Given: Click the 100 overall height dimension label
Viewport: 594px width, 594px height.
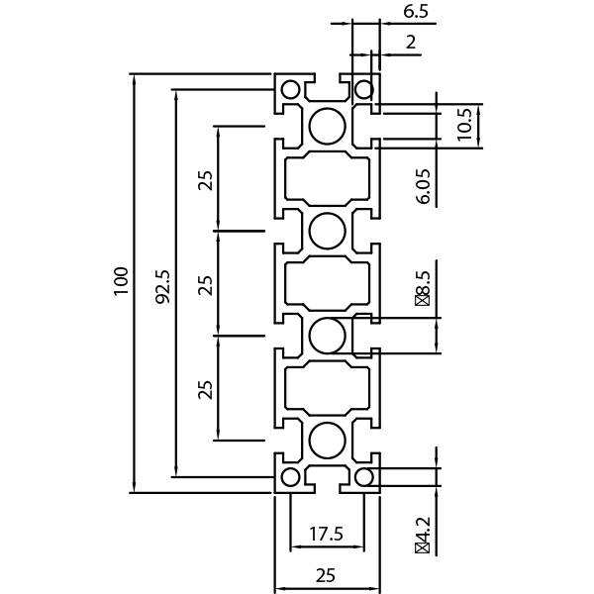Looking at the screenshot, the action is point(121,281).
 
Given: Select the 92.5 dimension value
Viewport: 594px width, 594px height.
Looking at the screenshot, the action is point(163,286).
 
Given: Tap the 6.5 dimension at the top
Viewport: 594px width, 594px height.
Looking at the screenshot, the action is point(416,11).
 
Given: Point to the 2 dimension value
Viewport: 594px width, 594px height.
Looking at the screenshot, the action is point(411,42).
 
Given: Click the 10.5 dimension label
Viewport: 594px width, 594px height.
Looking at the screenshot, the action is point(464,125).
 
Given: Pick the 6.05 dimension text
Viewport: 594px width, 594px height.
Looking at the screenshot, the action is point(423,186).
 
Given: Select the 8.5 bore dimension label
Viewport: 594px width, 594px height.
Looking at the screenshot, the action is point(423,288).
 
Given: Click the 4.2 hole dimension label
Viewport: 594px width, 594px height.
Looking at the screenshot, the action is point(422,535).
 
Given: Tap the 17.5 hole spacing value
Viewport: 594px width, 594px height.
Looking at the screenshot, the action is point(326,534).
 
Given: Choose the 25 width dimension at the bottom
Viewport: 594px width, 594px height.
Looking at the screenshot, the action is point(326,575).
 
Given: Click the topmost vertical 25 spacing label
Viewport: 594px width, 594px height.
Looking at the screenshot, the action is point(206,180).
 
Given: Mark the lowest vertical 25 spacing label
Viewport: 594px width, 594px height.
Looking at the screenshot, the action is point(205,390).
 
